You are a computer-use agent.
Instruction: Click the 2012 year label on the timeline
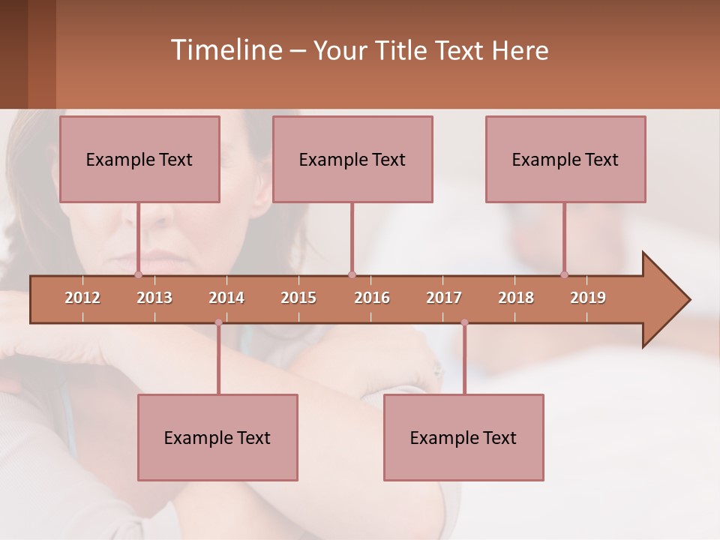(82, 298)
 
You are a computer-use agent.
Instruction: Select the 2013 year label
(154, 298)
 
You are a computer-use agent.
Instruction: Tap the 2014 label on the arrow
(226, 298)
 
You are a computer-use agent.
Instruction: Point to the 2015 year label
(298, 298)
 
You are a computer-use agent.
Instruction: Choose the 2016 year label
(372, 298)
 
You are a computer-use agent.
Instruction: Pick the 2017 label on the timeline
(444, 298)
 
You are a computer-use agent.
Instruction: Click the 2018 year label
(516, 298)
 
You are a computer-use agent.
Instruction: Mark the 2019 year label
(588, 298)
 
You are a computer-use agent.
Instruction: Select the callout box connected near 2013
(139, 159)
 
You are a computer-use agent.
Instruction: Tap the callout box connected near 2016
(352, 159)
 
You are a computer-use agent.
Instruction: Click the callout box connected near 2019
(565, 159)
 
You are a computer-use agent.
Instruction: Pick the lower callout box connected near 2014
(217, 437)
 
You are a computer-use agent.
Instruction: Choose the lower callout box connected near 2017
(463, 437)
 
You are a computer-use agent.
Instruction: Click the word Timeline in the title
(226, 50)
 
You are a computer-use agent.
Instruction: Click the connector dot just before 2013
(138, 274)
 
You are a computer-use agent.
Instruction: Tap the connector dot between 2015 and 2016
(352, 274)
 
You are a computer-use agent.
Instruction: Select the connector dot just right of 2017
(464, 322)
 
